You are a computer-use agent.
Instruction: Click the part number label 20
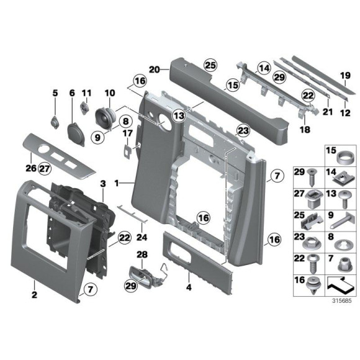pyautogui.click(x=155, y=70)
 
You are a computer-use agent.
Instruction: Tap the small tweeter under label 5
pyautogui.click(x=55, y=122)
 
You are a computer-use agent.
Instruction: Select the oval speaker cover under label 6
pyautogui.click(x=76, y=133)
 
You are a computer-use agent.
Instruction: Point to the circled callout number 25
pyautogui.click(x=210, y=65)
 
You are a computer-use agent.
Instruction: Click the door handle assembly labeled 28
pyautogui.click(x=147, y=277)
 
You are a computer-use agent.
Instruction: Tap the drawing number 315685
pyautogui.click(x=341, y=300)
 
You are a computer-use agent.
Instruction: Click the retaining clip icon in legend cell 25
pyautogui.click(x=312, y=222)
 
